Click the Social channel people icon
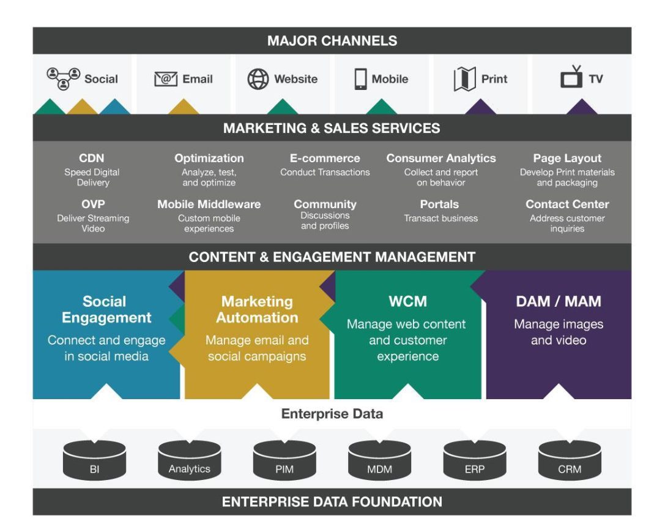coord(64,78)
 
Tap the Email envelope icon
coord(166,79)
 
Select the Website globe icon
coord(258,79)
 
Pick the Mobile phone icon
coord(361,79)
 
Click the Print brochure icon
coord(464,79)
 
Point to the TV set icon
coord(571,78)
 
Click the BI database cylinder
coord(94,460)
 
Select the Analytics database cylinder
coord(189,460)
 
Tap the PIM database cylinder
coord(284,460)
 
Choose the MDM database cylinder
coord(379,460)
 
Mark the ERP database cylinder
coord(474,460)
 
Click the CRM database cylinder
coord(569,460)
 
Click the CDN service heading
coord(92,159)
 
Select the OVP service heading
coord(93,204)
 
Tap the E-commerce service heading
coord(325,159)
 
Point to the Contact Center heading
coord(567,204)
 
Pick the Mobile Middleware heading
coord(209,204)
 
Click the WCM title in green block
coord(407,301)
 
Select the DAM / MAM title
coord(558,301)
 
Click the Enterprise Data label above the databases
coord(332,414)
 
